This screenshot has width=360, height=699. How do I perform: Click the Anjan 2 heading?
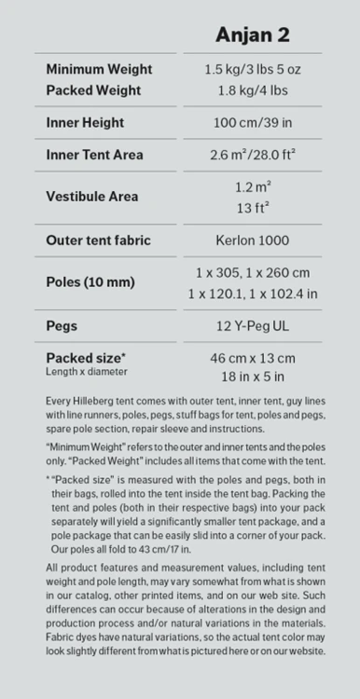(x=252, y=35)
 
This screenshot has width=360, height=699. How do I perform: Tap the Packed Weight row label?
(x=93, y=90)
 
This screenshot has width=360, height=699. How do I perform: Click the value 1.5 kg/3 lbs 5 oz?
(x=252, y=70)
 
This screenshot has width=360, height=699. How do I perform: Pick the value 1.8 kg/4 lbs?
(x=252, y=90)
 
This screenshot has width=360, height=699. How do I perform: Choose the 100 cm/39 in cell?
(x=252, y=123)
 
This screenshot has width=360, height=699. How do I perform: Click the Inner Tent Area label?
(x=94, y=155)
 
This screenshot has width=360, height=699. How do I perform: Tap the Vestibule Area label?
(x=91, y=197)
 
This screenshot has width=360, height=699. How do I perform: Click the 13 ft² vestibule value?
(x=252, y=207)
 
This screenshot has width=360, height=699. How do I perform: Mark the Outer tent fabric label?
(x=98, y=240)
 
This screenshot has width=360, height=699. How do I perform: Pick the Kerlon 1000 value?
(x=252, y=240)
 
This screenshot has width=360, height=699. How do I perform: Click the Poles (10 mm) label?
(x=90, y=282)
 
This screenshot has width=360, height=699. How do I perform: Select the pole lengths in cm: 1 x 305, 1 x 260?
(x=252, y=272)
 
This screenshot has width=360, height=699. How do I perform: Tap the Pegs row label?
(x=62, y=326)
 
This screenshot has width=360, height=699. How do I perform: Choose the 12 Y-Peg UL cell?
(x=252, y=326)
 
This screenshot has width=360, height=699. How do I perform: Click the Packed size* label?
(x=86, y=358)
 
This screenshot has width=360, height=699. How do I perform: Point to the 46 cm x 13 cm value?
(x=252, y=358)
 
